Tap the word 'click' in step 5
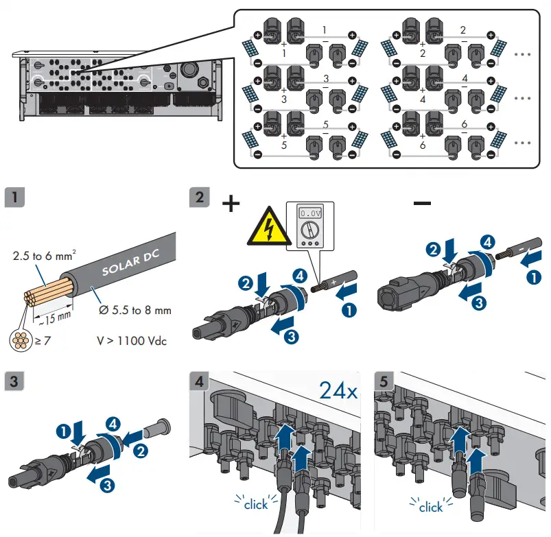click(431, 507)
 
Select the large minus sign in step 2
click(422, 203)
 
